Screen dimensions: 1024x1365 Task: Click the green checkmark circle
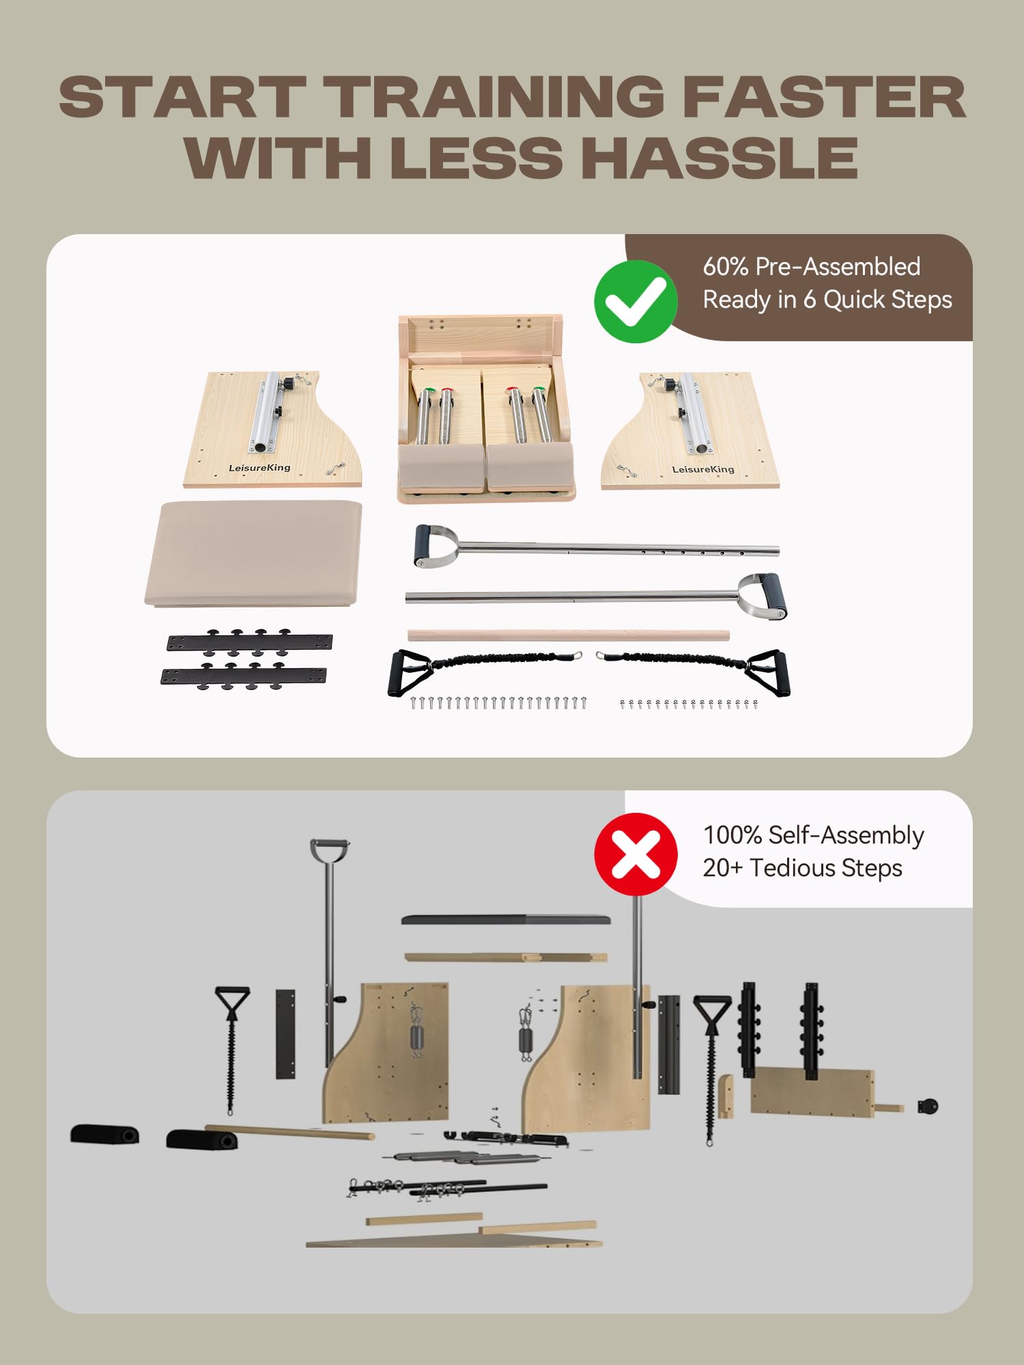(636, 301)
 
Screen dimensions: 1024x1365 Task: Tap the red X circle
(636, 854)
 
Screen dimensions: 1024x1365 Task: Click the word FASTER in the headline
(824, 97)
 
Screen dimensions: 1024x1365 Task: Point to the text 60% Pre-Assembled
(812, 267)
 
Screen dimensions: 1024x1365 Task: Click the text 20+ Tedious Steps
(803, 868)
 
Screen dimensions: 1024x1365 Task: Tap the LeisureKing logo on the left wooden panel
(259, 468)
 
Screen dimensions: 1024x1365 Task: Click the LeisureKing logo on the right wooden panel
(703, 469)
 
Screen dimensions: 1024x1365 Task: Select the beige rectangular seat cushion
(253, 553)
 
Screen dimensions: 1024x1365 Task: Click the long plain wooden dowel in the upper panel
(569, 635)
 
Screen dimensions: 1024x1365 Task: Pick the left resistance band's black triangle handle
(407, 673)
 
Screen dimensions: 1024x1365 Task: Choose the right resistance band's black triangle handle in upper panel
(768, 673)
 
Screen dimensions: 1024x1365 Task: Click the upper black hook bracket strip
(250, 642)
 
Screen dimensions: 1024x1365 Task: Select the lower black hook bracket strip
(244, 676)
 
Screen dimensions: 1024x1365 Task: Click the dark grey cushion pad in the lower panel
(506, 919)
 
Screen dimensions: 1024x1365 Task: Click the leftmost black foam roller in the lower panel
(104, 1134)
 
